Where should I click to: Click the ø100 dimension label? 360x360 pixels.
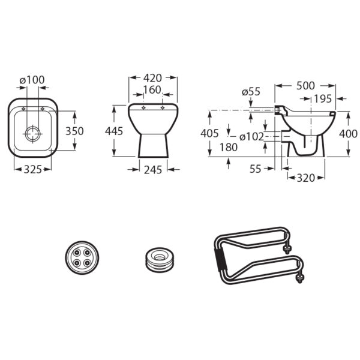[x=32, y=80]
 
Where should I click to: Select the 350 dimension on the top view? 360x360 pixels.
[x=74, y=131]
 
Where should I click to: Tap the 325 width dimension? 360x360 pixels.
[x=33, y=169]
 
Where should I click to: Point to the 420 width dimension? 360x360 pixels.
[x=152, y=78]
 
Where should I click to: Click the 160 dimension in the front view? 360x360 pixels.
[x=152, y=90]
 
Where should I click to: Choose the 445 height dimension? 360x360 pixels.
[x=114, y=131]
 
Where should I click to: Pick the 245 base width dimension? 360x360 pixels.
[x=153, y=170]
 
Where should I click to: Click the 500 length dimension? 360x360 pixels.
[x=305, y=86]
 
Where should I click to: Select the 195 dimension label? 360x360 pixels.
[x=323, y=99]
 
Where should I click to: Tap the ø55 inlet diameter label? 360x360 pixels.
[x=251, y=92]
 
